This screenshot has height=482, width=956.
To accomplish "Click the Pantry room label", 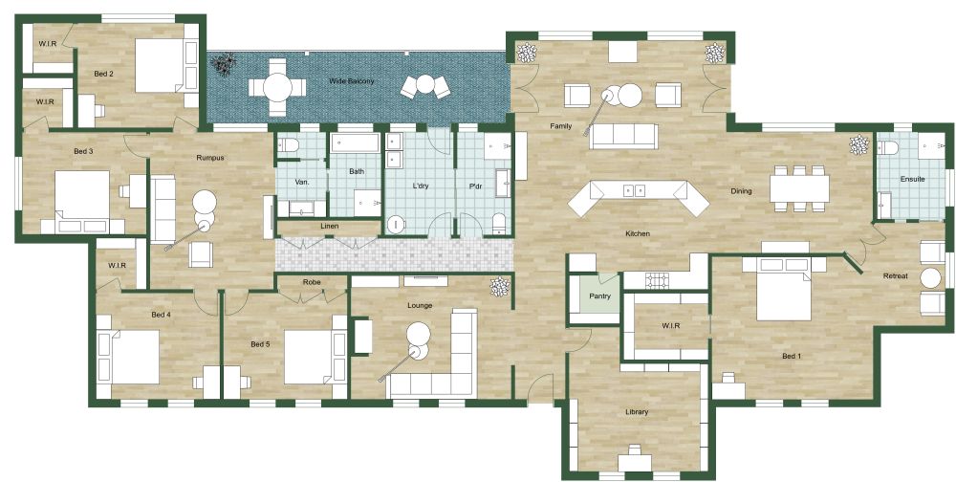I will (599, 296).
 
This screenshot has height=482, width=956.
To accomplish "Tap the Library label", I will (637, 412).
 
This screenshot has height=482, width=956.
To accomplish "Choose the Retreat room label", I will (895, 276).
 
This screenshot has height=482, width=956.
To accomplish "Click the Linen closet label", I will (329, 227).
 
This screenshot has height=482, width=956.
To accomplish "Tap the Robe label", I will (312, 283).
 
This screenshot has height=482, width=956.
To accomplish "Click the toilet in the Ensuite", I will (888, 147).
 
